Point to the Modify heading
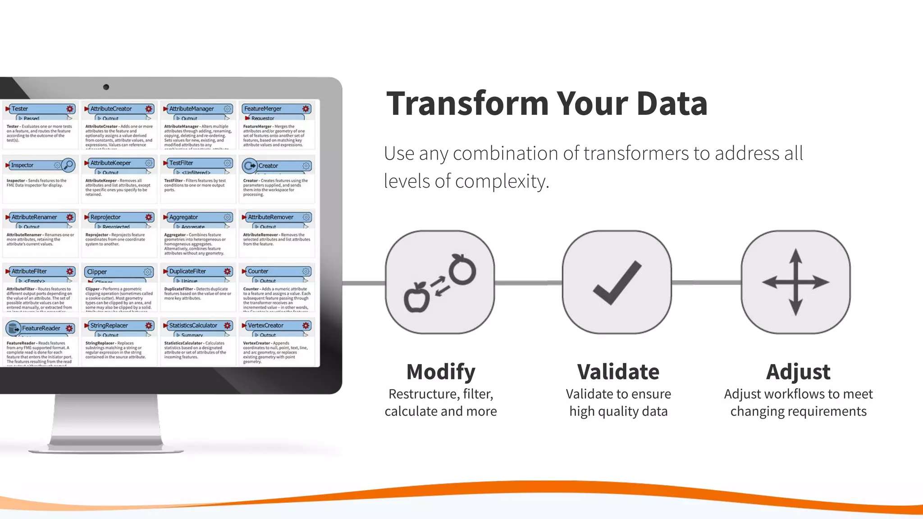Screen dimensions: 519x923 pos(440,372)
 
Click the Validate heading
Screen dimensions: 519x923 pos(618,372)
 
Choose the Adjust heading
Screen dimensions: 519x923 pos(798,372)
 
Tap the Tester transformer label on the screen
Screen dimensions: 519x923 pos(20,109)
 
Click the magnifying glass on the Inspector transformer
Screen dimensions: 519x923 pos(68,165)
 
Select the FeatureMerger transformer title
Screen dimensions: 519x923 pos(262,109)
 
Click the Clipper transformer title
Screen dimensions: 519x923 pos(97,272)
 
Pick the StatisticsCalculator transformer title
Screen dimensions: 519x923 pos(193,325)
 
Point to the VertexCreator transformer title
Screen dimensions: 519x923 pos(265,325)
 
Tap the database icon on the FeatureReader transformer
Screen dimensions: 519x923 pos(13,328)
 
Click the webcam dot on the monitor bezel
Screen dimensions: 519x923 pos(106,87)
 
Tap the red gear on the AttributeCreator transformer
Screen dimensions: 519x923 pos(149,109)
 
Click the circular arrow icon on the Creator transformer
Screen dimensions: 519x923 pos(249,166)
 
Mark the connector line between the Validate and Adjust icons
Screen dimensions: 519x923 pos(706,282)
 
